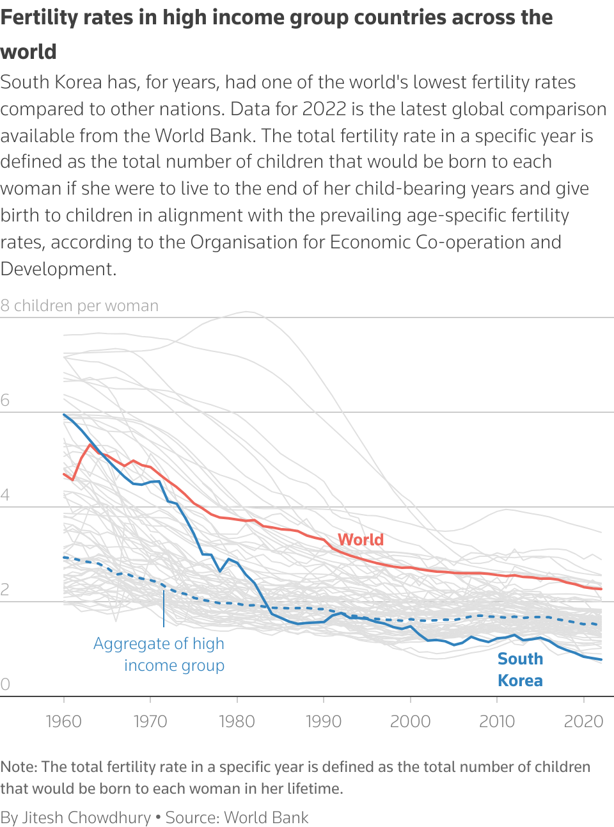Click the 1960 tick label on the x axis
click(64, 721)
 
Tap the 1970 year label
click(150, 721)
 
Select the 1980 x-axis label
click(237, 721)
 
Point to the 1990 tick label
click(324, 721)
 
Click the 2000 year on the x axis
click(410, 721)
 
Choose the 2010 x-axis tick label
click(497, 721)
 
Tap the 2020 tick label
click(583, 721)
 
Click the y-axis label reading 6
click(5, 401)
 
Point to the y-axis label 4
click(5, 495)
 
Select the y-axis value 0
click(5, 684)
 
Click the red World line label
click(361, 540)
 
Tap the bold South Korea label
click(520, 670)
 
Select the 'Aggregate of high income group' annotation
click(159, 654)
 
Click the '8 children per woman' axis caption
click(79, 306)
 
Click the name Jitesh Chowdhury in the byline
click(86, 817)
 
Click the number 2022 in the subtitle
click(324, 109)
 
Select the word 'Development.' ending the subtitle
click(58, 269)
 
